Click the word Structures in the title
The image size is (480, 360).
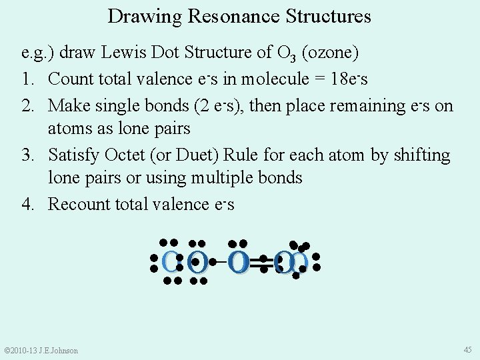(x=329, y=16)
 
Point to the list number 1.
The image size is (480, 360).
(x=27, y=79)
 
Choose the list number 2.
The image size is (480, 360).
(x=27, y=105)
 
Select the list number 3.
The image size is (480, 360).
(x=27, y=155)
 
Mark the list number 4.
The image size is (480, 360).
(x=27, y=204)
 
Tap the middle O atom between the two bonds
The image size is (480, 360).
(x=239, y=262)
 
